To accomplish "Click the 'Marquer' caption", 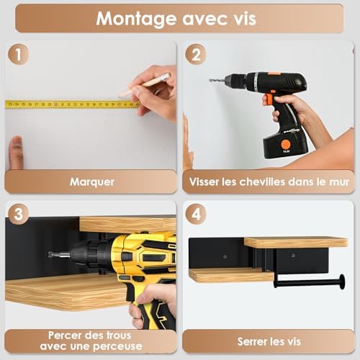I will click(91, 181).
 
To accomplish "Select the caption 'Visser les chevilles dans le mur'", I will click(269, 181).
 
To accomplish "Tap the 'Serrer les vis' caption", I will click(269, 341).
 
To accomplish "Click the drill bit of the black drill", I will click(219, 80).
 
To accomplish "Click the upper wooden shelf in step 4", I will click(295, 242).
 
